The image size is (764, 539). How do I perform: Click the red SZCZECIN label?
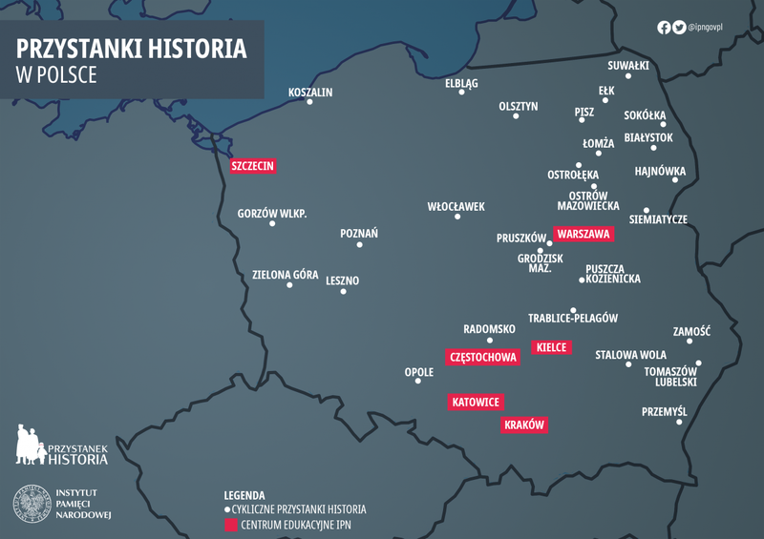253,166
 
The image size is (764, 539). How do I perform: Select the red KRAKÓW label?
523,425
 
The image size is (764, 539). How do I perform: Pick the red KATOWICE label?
476,403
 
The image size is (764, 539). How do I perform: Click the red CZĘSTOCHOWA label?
482,358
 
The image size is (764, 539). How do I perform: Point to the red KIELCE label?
551,347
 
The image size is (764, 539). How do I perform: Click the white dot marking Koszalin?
309,102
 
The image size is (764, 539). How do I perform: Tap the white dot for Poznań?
359,245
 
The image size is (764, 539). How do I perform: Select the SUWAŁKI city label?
628,66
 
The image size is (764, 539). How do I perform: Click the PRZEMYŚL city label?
665,411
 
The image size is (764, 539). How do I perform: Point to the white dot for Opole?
417,383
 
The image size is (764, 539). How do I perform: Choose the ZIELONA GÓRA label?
285,275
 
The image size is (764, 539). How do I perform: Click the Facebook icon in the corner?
664,28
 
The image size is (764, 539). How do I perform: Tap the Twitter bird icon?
679,28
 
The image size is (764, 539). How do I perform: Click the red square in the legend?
230,524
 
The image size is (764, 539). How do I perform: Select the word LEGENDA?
244,496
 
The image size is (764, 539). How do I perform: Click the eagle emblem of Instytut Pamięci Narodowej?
32,503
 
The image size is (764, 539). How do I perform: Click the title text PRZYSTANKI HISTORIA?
132,50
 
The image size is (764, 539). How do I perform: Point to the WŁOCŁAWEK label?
456,206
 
